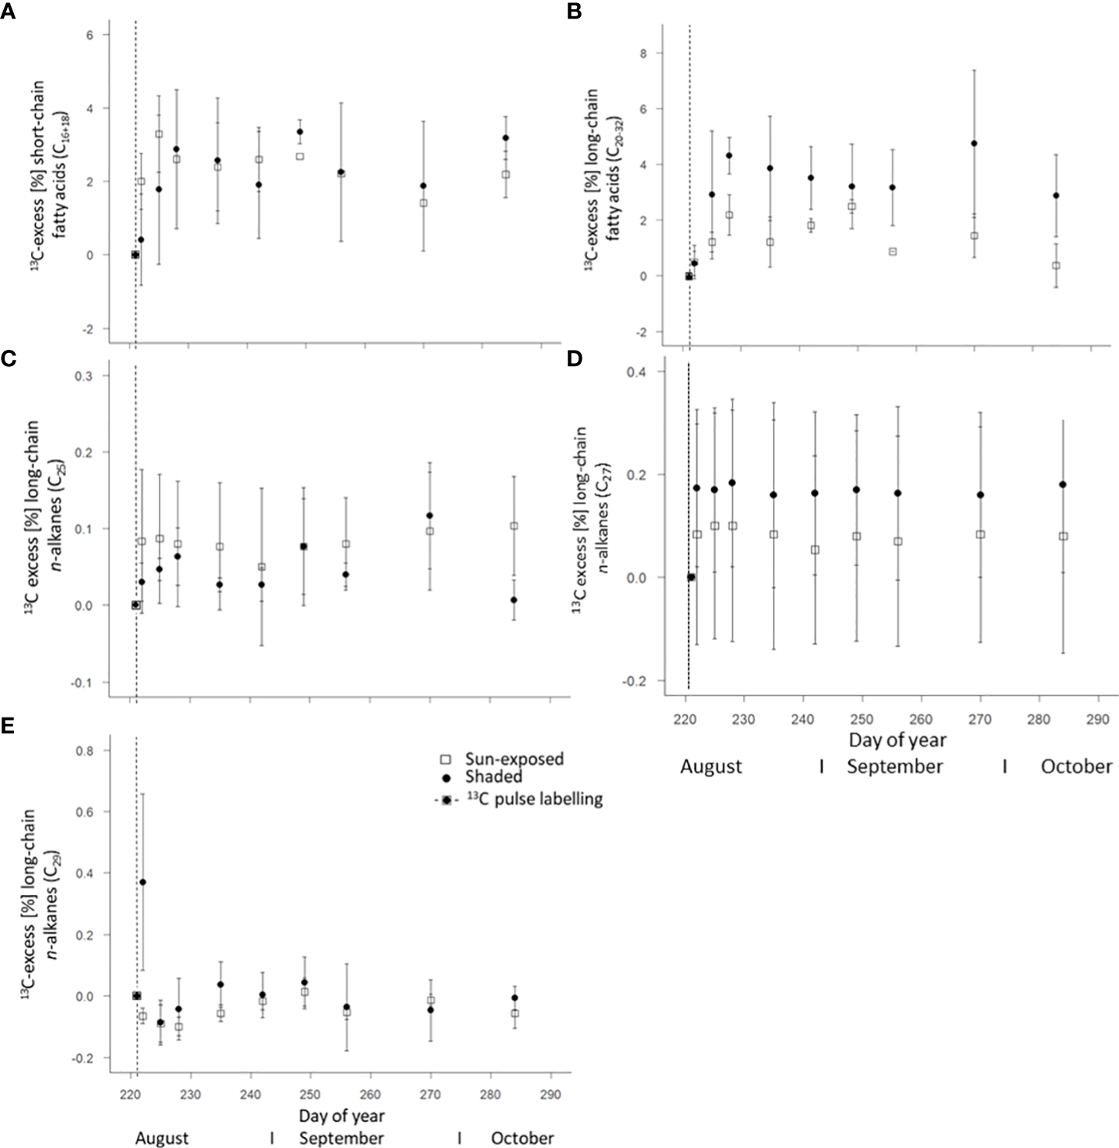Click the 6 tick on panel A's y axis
tap(90, 35)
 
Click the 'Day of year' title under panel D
tap(897, 740)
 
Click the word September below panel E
tap(341, 1139)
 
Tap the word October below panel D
tap(1076, 766)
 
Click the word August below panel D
tap(711, 766)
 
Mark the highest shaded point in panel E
tap(142, 882)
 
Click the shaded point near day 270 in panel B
tap(974, 143)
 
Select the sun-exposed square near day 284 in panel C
tap(513, 526)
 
